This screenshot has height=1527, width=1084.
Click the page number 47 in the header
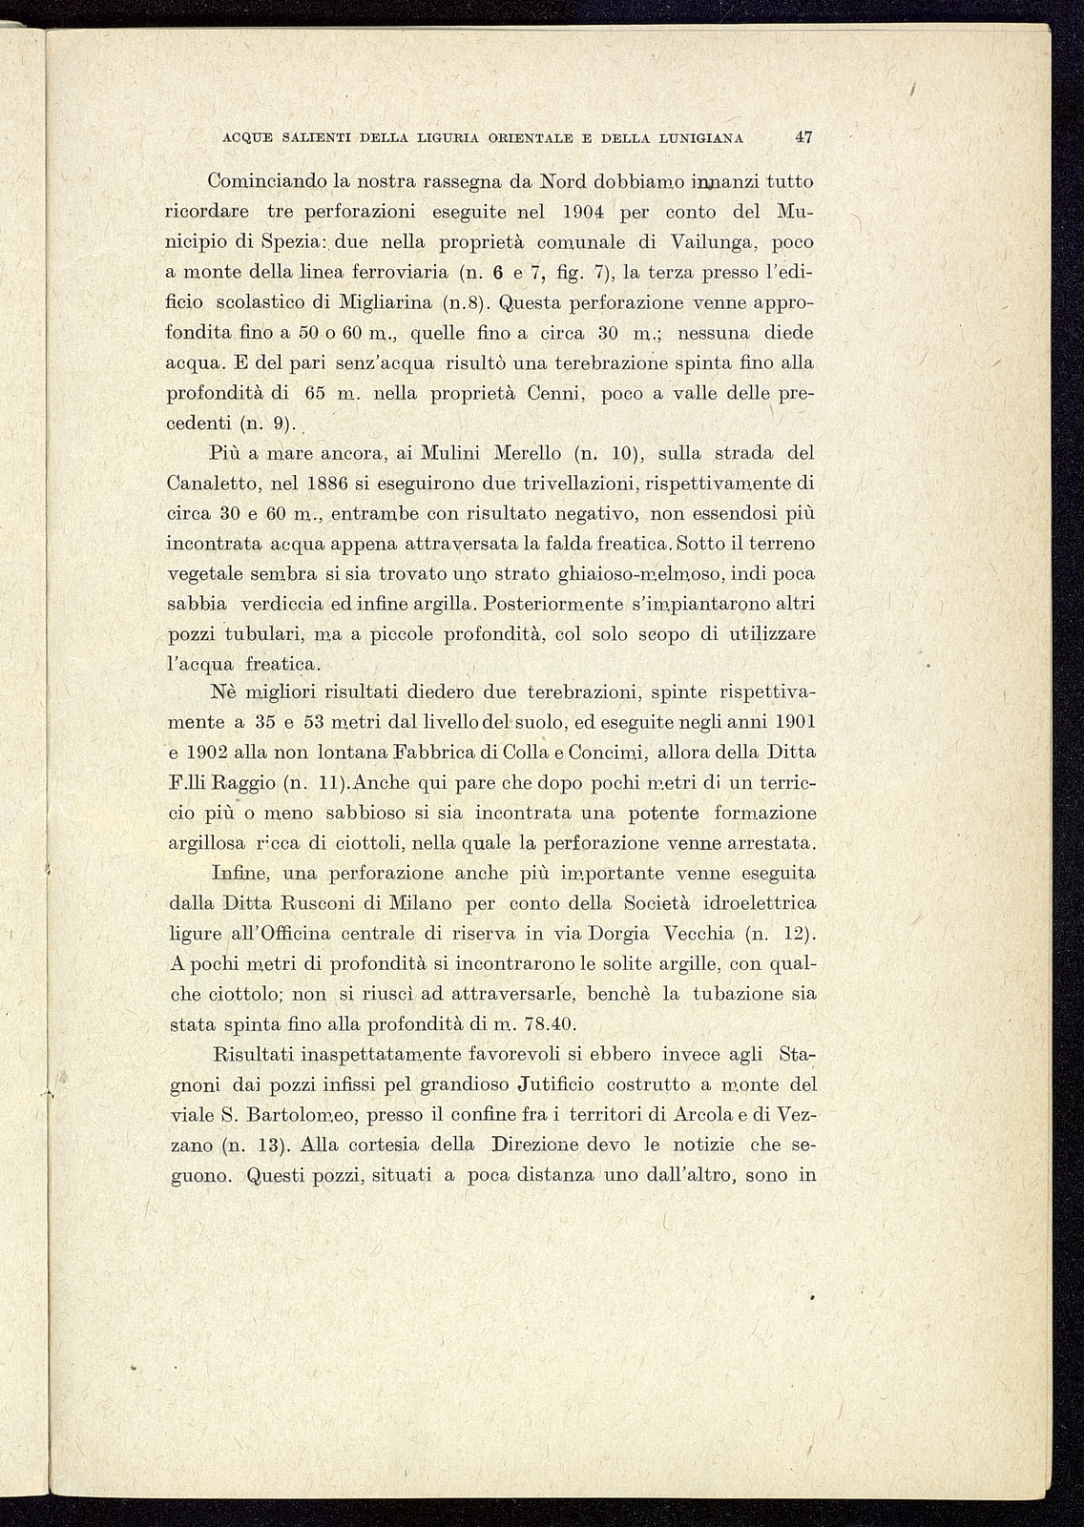click(803, 137)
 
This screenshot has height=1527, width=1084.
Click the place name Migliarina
click(386, 303)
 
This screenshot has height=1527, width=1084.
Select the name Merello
click(528, 453)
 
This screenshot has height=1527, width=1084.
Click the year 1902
click(219, 753)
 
